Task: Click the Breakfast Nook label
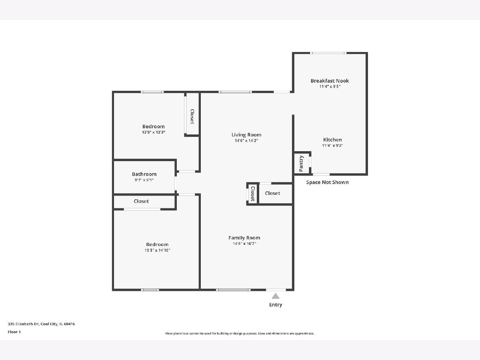[330, 81]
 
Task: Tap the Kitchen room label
[332, 140]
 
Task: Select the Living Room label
[246, 135]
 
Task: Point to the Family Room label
[244, 238]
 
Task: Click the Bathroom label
[144, 174]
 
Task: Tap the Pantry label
[301, 164]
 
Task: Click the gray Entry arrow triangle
[276, 296]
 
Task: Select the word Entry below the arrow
[276, 305]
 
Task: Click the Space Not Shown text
[327, 182]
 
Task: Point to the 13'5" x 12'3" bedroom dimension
[154, 132]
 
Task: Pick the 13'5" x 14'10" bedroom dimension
[157, 250]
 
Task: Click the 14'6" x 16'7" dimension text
[244, 244]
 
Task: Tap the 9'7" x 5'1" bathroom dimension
[144, 180]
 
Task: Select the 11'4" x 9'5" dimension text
[330, 86]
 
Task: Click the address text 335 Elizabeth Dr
[24, 324]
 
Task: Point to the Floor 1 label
[14, 332]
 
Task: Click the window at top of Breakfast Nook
[328, 53]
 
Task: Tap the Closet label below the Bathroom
[141, 201]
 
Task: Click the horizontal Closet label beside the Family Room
[272, 193]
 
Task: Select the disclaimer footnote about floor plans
[240, 333]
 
